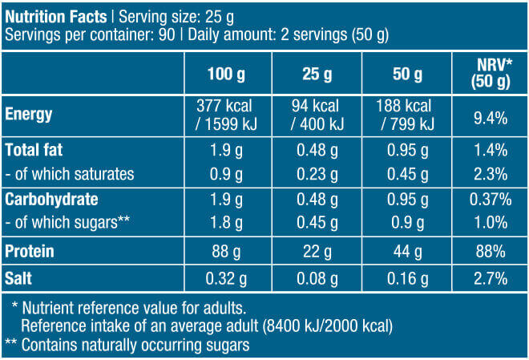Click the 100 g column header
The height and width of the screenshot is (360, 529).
[x=227, y=75]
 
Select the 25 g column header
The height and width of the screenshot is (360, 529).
[x=317, y=75]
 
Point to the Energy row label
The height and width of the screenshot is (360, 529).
[x=29, y=114]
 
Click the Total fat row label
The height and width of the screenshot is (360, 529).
[x=34, y=150]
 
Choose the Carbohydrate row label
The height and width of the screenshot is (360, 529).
[x=46, y=199]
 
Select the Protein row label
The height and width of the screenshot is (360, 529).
[x=30, y=251]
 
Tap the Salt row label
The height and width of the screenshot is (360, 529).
[x=20, y=279]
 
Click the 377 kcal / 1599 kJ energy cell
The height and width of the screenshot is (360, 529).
[x=227, y=114]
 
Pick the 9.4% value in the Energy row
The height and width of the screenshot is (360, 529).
[x=490, y=118]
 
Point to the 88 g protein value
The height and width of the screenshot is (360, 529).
[x=227, y=251]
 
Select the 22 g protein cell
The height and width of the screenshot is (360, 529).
[x=317, y=251]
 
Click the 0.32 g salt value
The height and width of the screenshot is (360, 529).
[x=227, y=279]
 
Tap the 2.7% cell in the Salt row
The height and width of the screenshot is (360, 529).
[x=490, y=279]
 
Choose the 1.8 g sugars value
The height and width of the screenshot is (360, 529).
[x=227, y=222]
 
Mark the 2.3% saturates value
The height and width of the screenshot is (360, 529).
[x=490, y=174]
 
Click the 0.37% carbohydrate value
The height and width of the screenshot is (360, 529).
[x=490, y=199]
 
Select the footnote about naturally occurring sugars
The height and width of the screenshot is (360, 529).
[x=128, y=345]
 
